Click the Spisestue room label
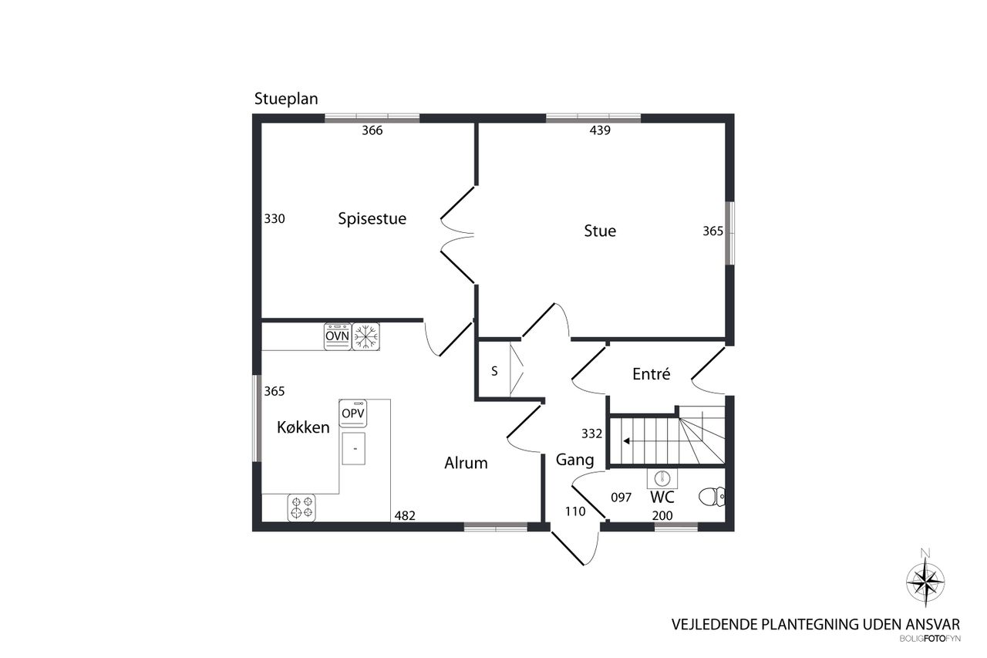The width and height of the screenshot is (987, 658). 372,218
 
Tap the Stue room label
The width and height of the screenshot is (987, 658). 600,231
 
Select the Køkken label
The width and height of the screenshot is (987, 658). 303,427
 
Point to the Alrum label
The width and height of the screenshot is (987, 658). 466,463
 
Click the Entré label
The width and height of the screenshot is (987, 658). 652,373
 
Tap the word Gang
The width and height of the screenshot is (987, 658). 574,460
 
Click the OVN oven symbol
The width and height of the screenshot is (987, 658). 338,336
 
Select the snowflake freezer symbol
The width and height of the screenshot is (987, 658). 365,336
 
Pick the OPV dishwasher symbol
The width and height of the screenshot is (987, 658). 353,413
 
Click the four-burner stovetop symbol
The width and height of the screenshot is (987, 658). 301,508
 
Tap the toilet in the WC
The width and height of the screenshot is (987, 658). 712,497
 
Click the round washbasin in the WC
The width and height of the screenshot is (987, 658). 662,478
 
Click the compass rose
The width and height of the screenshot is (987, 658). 925,582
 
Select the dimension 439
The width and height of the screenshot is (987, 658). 600,130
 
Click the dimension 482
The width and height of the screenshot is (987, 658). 405,515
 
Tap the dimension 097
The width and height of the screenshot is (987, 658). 622,498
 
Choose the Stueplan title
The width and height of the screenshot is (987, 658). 286,99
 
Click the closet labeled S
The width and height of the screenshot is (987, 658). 494,371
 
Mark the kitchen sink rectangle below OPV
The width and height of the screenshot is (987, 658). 354,449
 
